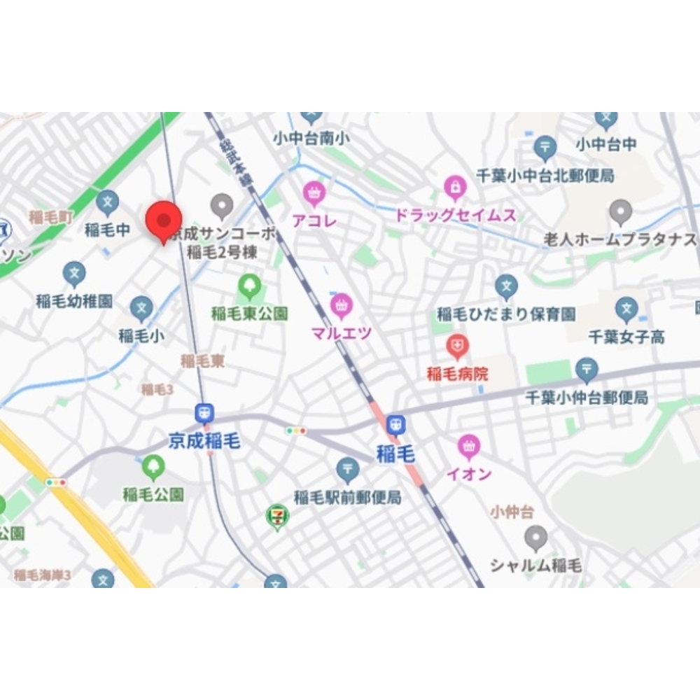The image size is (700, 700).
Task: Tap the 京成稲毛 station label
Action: (204, 440)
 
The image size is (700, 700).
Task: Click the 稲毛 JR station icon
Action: (396, 425)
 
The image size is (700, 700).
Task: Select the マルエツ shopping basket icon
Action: (341, 305)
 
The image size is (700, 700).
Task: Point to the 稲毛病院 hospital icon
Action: (456, 345)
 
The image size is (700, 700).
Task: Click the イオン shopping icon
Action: (468, 446)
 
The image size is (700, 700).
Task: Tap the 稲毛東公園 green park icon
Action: (249, 286)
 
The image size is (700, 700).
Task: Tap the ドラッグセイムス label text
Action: (455, 215)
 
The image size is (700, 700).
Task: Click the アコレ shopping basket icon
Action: (314, 191)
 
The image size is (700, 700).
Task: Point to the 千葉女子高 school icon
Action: (626, 309)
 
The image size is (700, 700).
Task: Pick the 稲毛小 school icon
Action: (141, 309)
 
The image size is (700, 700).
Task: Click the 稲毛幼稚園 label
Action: (75, 302)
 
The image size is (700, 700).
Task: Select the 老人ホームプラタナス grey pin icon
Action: (620, 211)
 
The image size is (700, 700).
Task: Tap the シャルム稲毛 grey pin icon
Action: (535, 538)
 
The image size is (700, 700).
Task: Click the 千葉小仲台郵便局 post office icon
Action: (587, 369)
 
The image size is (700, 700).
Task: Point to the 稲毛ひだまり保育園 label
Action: (506, 314)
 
